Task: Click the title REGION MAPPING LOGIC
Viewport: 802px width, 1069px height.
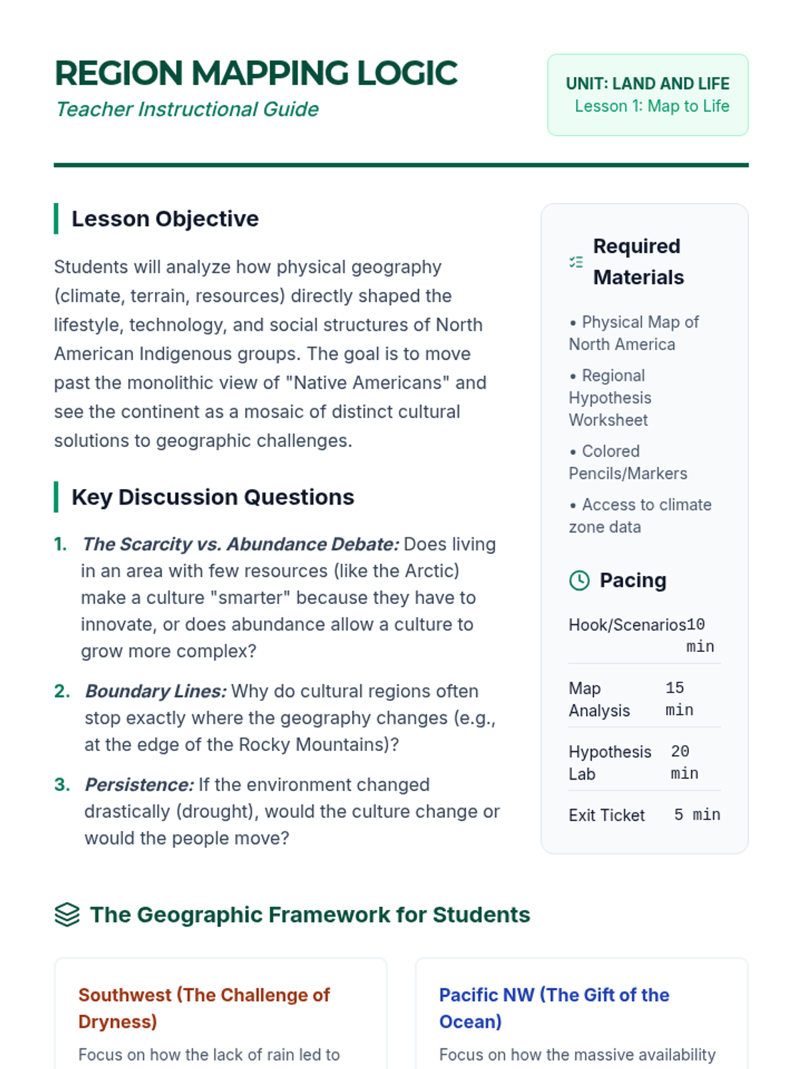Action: click(256, 73)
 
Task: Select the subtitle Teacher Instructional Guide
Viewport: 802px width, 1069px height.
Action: click(187, 109)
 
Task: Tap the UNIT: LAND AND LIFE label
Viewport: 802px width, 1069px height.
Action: click(647, 84)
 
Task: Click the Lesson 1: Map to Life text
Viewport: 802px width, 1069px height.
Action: click(652, 106)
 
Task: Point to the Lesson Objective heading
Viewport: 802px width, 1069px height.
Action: click(164, 218)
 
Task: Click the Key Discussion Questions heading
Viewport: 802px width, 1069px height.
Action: click(213, 497)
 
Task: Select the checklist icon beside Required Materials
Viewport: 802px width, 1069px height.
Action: click(576, 262)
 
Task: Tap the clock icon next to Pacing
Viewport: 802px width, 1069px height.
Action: click(579, 581)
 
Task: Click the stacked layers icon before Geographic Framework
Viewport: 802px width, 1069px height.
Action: click(67, 915)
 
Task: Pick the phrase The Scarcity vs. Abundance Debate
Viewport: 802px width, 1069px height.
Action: click(240, 545)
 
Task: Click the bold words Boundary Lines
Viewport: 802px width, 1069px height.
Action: click(156, 691)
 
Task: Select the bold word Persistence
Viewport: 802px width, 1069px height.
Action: click(139, 784)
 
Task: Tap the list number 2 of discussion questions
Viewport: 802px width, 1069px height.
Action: click(61, 691)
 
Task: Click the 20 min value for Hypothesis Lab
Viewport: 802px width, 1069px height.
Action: click(684, 762)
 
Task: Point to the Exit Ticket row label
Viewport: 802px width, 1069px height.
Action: click(606, 815)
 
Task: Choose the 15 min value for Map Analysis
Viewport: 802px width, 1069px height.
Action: click(679, 699)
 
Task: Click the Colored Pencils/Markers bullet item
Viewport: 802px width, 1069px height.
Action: click(628, 462)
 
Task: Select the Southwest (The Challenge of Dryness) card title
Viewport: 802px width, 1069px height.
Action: click(204, 1008)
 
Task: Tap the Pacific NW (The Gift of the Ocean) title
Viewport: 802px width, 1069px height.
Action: click(553, 1008)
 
